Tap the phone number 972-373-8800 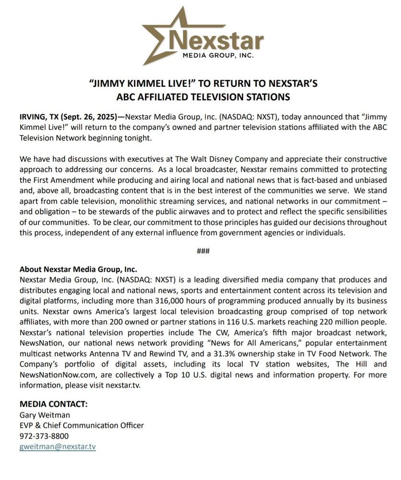pyautogui.click(x=44, y=436)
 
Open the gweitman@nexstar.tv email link pyautogui.click(x=58, y=446)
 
